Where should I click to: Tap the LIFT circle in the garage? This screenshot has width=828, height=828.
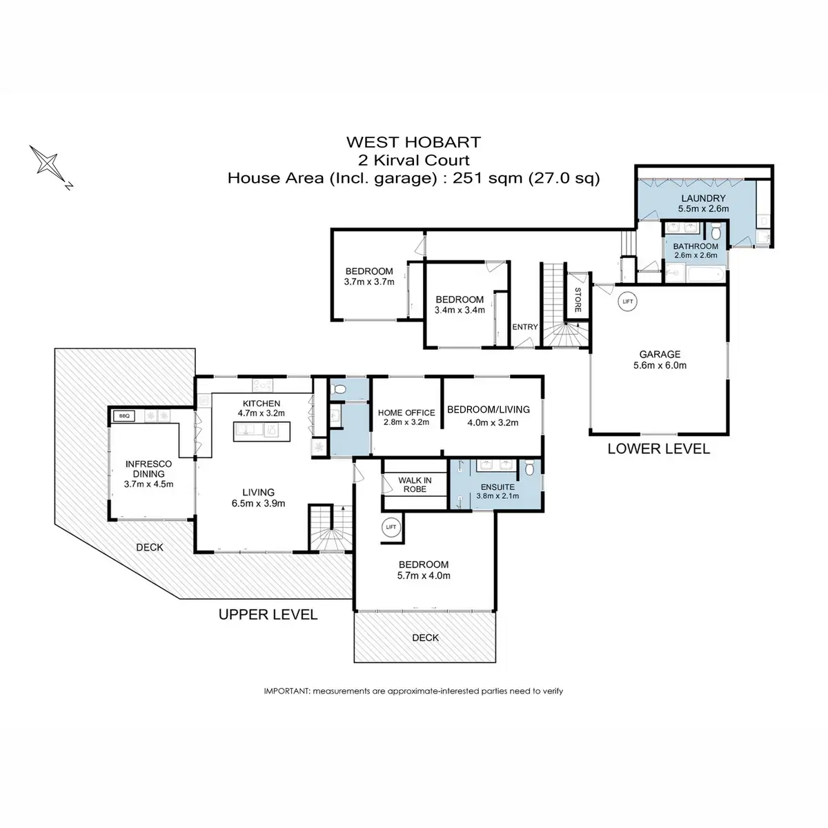coord(627,302)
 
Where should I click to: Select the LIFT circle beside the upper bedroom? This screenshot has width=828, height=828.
coord(391,526)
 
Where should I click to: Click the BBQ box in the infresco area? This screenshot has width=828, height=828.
coord(124,416)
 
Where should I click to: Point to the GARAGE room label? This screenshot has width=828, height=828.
coord(660,354)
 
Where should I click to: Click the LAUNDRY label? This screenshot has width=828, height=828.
coord(703,198)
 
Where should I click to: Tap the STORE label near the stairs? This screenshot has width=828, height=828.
coord(578,299)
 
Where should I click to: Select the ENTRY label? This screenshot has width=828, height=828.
coord(524,327)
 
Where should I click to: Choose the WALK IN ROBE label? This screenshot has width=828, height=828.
coord(415,484)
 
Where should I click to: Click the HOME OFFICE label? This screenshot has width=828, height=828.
coord(406,413)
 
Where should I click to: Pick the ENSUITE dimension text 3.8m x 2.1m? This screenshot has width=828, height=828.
coord(497,496)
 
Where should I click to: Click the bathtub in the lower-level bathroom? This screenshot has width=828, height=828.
coord(706,274)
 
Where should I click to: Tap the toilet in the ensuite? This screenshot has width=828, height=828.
coord(529,468)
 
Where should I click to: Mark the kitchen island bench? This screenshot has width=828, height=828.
coord(262,431)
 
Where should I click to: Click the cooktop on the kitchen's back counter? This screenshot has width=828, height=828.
coord(262,384)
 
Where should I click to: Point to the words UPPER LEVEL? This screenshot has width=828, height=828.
coord(268,615)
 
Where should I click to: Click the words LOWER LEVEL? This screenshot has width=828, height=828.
coord(659,449)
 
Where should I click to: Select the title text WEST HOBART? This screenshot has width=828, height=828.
coord(413,142)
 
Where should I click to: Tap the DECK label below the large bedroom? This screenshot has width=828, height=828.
coord(426,638)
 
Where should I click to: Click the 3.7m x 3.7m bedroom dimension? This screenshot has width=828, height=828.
coord(369,282)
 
